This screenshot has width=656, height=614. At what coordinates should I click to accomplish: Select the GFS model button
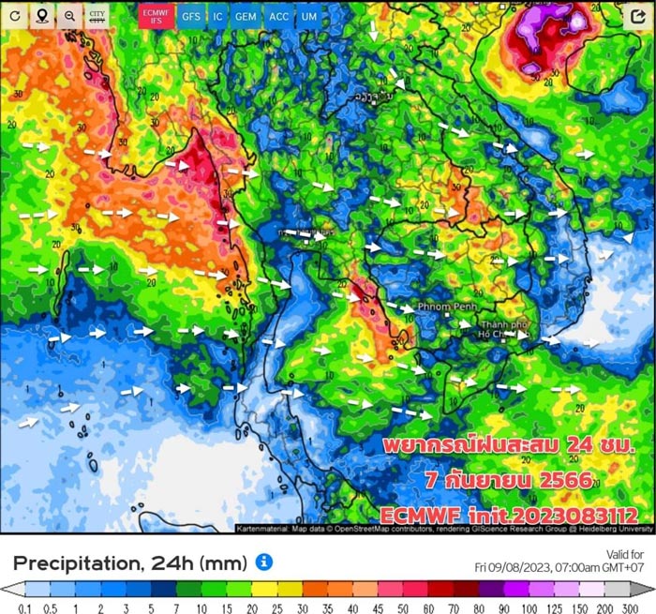pos(190,16)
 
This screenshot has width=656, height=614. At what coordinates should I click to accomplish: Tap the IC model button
pos(217,16)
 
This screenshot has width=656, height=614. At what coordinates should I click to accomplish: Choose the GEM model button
pos(246,16)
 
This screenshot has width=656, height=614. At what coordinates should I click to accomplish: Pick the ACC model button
pos(278,16)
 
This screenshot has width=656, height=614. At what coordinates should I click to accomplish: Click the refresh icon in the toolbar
pos(15,16)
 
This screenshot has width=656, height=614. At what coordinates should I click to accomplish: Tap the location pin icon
pos(42,16)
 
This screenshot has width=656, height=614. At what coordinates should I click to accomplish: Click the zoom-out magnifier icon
pos(69,16)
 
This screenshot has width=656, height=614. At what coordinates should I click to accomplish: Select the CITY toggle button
pos(97,16)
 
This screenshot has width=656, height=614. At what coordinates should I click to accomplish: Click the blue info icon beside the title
pos(264,562)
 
